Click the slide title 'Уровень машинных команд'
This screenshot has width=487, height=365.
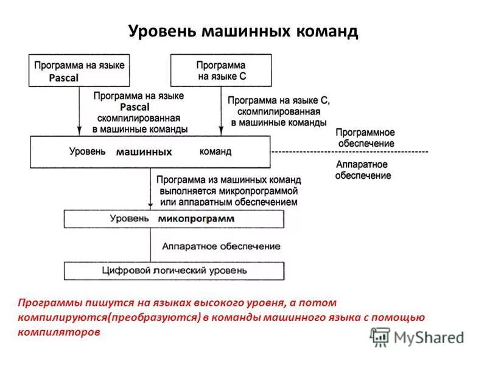click(243, 31)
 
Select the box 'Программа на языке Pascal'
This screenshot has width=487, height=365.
click(79, 71)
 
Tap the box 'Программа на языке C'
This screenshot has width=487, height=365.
click(220, 71)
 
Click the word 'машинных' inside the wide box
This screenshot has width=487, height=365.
click(144, 152)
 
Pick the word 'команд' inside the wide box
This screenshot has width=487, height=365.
click(215, 151)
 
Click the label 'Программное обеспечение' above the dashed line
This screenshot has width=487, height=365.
click(365, 137)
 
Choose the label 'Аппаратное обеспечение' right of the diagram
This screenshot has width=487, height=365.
click(363, 170)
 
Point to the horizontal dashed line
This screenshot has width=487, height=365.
click(349, 151)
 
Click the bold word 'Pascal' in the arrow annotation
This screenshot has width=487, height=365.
click(139, 107)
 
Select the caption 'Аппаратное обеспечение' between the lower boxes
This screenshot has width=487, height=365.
click(221, 246)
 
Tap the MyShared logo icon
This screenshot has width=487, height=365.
click(380, 336)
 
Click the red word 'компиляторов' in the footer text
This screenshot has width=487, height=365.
click(58, 333)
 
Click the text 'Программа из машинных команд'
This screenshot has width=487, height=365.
click(228, 180)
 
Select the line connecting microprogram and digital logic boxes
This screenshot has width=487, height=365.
click(150, 245)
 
